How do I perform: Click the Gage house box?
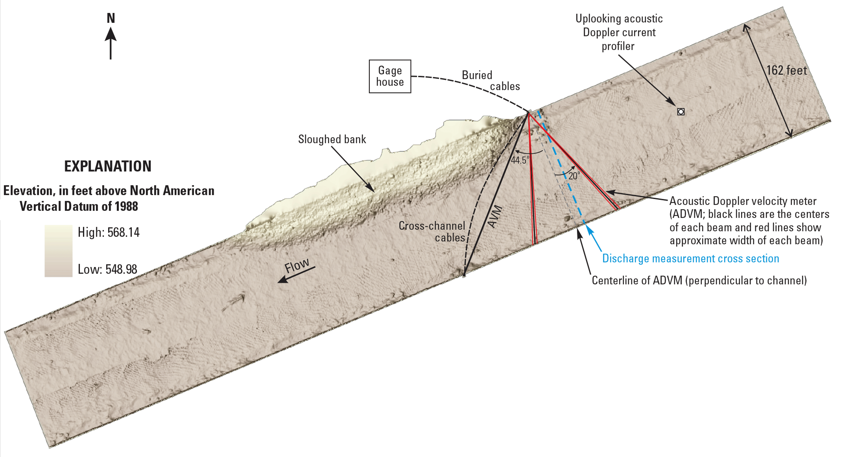click(390, 76)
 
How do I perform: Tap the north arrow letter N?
click(111, 18)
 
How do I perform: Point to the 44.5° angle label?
click(520, 160)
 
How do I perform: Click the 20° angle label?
click(574, 176)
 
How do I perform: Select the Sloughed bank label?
click(332, 139)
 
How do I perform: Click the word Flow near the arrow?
click(297, 266)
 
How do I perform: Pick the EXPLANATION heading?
click(108, 167)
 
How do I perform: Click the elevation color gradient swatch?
click(58, 251)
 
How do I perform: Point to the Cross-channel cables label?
click(432, 232)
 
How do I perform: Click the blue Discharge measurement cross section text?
click(691, 259)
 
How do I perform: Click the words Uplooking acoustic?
click(619, 19)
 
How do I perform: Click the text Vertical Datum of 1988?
click(79, 206)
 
